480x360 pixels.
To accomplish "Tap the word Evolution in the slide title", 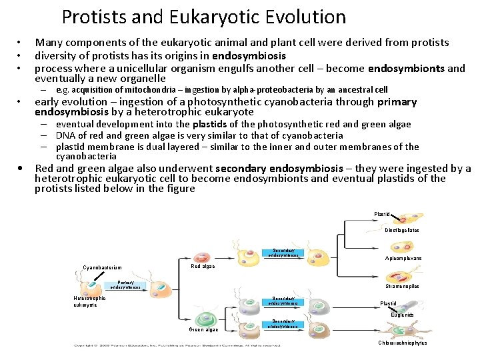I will (x=306, y=17).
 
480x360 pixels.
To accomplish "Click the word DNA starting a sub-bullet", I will (x=65, y=135).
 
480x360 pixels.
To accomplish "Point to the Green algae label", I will (x=203, y=329).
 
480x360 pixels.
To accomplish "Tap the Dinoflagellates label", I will (x=402, y=230).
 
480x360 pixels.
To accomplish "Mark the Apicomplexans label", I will (x=403, y=258).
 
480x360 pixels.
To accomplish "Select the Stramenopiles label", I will (x=403, y=287).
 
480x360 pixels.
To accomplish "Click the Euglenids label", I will (x=402, y=315).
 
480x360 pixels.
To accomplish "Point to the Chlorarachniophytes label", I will (x=402, y=343).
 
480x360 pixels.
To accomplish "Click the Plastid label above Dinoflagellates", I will (x=382, y=214).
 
